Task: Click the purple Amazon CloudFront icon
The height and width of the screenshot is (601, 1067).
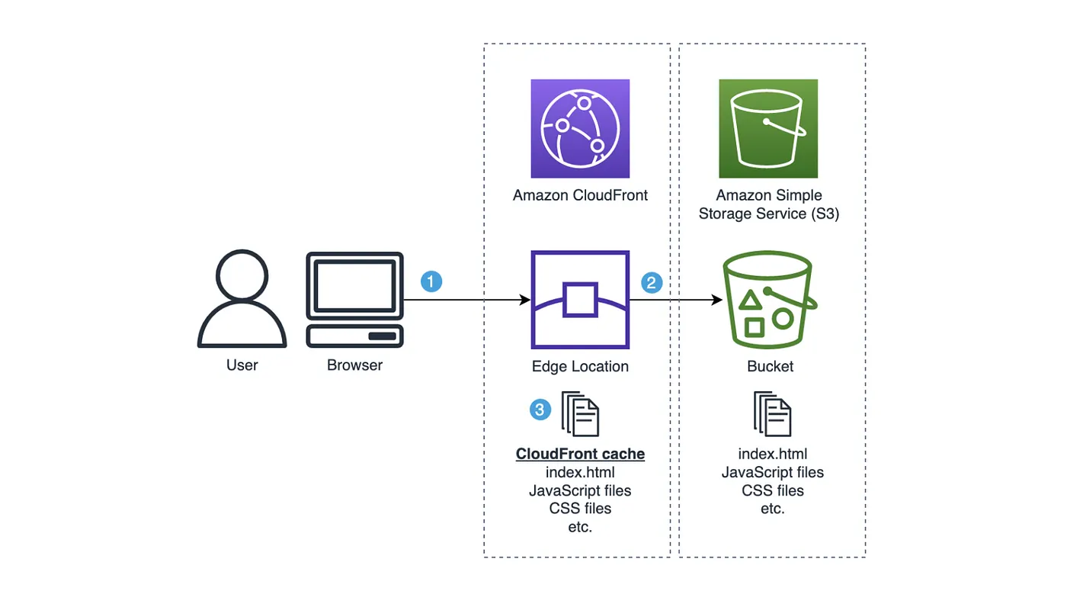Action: coord(580,128)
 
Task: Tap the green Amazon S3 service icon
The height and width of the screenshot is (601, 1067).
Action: coord(767,128)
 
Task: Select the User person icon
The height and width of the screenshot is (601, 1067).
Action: coord(242,300)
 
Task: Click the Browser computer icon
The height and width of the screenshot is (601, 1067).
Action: coord(354,300)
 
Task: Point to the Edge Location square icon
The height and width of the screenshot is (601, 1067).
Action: coord(580,300)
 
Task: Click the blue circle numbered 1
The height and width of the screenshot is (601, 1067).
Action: coord(431,281)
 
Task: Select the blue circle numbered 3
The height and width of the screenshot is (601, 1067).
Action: coord(540,410)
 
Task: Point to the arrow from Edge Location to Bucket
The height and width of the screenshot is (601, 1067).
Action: coord(675,300)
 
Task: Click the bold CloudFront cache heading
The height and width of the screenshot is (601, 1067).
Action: coord(580,455)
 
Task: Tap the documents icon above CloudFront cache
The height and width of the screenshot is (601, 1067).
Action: coord(581,413)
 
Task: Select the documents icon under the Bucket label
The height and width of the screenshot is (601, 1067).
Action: coord(772,413)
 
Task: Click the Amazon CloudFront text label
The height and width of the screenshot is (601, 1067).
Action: coord(580,195)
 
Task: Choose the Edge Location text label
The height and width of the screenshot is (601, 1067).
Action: coord(580,366)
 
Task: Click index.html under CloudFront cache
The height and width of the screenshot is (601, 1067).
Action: coord(580,473)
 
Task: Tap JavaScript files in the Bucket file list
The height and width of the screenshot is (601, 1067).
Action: coord(772,473)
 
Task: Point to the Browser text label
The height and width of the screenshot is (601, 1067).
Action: coord(354,365)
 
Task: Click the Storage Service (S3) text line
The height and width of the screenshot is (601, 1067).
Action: coord(768,214)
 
